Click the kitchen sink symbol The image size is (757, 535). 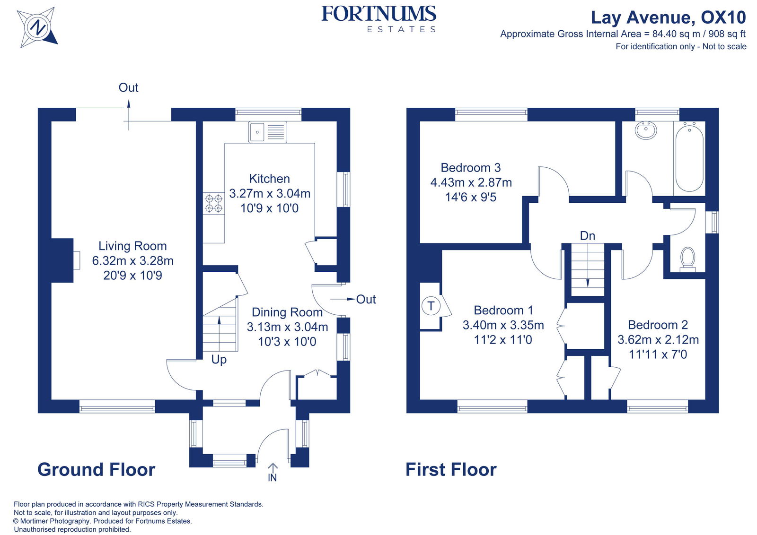268,132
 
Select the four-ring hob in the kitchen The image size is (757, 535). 213,203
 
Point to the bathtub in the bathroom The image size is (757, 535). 689,157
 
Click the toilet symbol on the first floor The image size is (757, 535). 687,259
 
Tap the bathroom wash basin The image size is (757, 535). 646,130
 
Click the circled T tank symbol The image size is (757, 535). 431,306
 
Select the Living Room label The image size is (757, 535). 132,246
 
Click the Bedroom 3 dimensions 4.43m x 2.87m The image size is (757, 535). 471,182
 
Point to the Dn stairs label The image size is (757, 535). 587,236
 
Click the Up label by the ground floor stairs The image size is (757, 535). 219,360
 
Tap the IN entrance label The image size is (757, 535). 272,478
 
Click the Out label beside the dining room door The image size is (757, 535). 366,299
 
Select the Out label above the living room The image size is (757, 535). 128,87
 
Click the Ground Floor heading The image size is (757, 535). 97,469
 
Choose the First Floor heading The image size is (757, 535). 451,469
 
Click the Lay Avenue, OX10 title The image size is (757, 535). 668,17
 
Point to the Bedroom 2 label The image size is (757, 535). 658,325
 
